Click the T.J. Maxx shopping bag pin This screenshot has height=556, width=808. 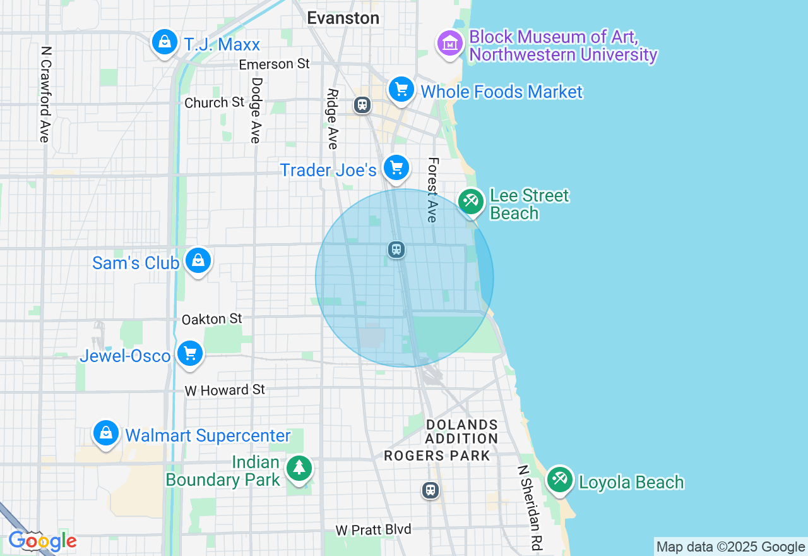point(164,43)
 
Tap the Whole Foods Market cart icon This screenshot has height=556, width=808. point(401,90)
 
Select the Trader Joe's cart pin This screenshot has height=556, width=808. point(396,168)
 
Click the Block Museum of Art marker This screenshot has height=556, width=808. point(450,44)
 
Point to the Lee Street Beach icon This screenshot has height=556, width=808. point(471,202)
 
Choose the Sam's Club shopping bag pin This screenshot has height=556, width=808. point(198,261)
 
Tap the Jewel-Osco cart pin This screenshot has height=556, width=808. point(189,354)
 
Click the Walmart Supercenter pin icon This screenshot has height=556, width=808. point(106,434)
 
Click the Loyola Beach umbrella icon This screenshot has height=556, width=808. point(559,480)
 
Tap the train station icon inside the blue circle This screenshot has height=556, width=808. point(396,250)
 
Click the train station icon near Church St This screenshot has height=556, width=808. point(362,104)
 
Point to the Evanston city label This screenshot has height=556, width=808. point(343,18)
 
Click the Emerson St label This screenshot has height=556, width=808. point(275,64)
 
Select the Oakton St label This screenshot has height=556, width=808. point(212,319)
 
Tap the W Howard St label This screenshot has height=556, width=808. point(225,390)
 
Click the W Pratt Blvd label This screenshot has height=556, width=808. point(373,529)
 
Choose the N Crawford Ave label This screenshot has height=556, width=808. point(45,94)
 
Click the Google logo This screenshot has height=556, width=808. point(42,541)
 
